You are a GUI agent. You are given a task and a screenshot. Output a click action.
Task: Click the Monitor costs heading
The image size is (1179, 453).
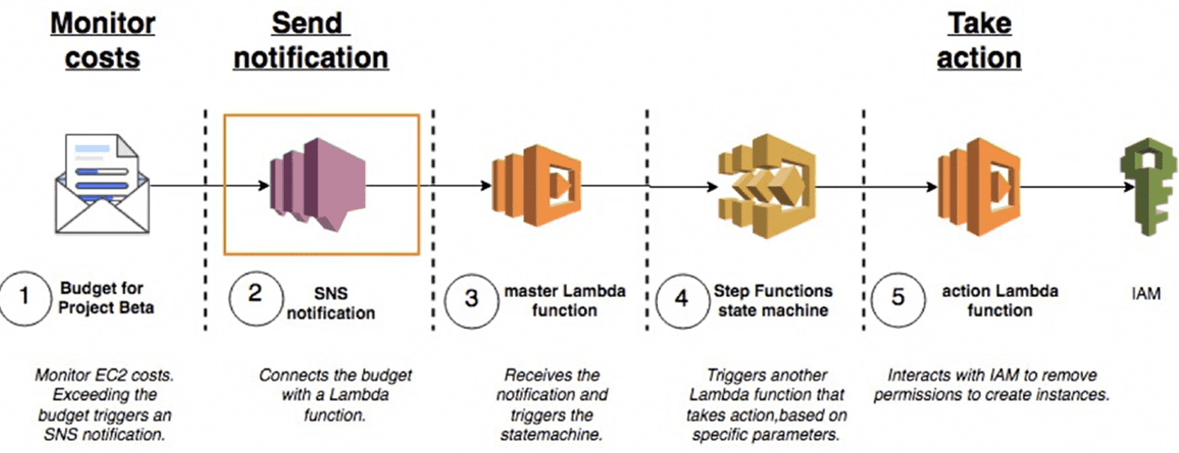(103, 41)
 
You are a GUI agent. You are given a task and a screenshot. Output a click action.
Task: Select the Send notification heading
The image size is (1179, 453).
(311, 41)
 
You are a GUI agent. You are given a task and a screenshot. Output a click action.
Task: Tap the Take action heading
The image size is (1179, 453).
(979, 41)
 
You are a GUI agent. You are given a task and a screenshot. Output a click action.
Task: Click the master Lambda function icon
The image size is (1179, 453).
(537, 185)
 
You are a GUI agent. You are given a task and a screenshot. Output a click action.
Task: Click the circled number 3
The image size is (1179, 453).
(471, 297)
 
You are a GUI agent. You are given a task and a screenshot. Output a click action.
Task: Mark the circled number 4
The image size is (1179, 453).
(681, 297)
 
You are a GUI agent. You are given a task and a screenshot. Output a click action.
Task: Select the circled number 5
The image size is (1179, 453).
(898, 297)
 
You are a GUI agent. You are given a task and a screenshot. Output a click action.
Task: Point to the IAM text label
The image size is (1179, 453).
(1145, 292)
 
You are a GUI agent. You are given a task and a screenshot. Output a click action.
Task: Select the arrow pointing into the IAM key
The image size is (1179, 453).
(1075, 185)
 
